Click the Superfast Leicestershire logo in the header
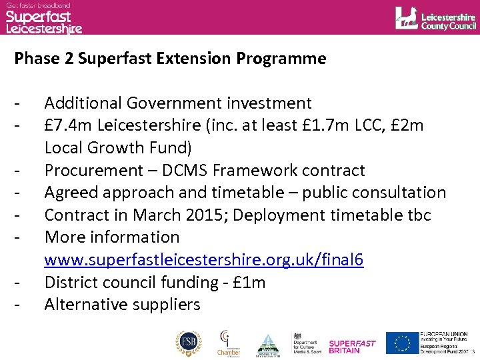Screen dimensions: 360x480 click(43, 19)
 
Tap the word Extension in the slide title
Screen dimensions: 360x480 click(194, 59)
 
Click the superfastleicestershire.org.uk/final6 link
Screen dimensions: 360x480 click(204, 260)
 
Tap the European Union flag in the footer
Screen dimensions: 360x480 click(401, 343)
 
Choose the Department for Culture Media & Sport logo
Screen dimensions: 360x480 click(307, 343)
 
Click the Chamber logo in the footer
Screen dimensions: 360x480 click(229, 343)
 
